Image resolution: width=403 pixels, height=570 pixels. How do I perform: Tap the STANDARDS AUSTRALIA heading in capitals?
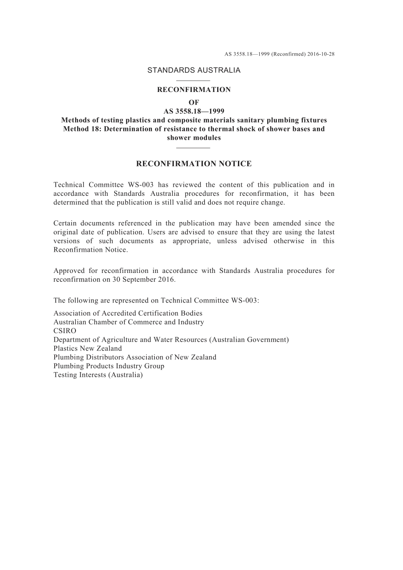pos(194,70)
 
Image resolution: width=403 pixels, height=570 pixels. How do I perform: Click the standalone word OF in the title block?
pos(194,103)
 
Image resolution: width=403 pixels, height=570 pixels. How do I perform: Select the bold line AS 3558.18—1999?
pos(194,111)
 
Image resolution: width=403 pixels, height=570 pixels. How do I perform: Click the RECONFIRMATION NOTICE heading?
pos(194,164)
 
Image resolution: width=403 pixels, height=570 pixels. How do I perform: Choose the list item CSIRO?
pos(65,331)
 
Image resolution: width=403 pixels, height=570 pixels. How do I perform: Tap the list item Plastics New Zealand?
pos(87,348)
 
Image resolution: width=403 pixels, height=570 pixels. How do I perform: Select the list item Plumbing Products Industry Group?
pos(109,366)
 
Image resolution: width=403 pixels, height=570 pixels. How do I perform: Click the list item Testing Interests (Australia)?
pos(98,375)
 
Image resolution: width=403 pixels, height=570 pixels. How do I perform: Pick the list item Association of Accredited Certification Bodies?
pos(128,313)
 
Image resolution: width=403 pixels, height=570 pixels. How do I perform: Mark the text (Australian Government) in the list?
pos(249,340)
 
